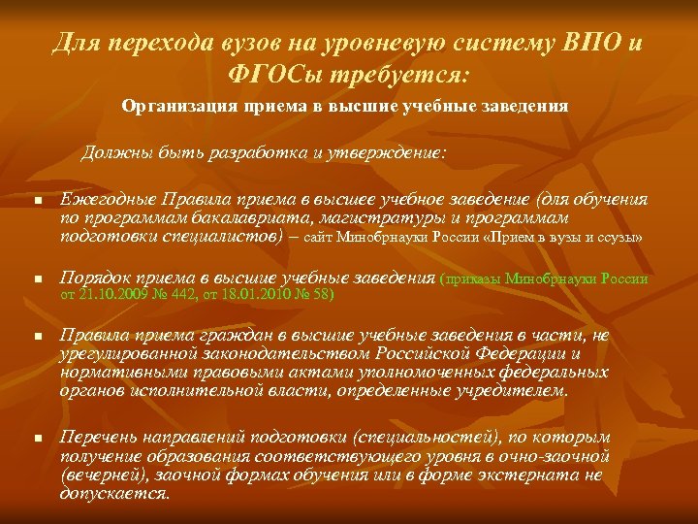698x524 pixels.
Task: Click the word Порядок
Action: pyautogui.click(x=95, y=278)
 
